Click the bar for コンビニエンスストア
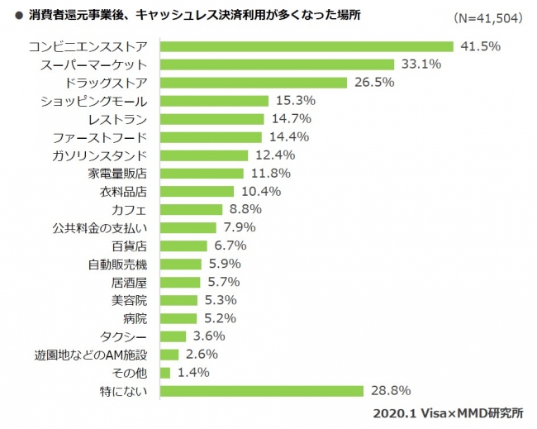306,46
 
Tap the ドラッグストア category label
109,83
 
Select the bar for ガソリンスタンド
203,155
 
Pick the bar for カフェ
191,209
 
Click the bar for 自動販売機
180,264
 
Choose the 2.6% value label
201,354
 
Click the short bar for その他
164,372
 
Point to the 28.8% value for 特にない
391,390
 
